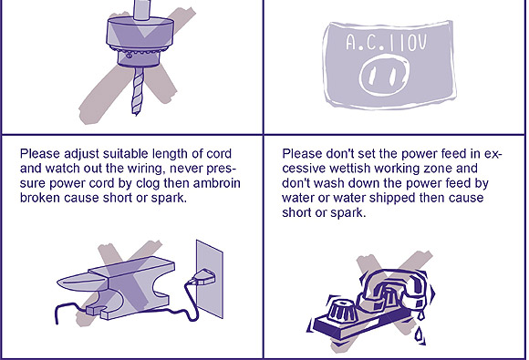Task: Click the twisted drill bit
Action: pos(138,91)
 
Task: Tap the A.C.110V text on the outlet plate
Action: pos(387,43)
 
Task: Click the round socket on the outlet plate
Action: pos(385,77)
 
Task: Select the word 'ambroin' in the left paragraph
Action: pos(217,183)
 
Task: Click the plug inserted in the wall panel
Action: pos(202,277)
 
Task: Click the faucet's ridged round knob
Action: pos(341,312)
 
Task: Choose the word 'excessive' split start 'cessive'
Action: pos(304,169)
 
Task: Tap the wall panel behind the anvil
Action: pos(209,279)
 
